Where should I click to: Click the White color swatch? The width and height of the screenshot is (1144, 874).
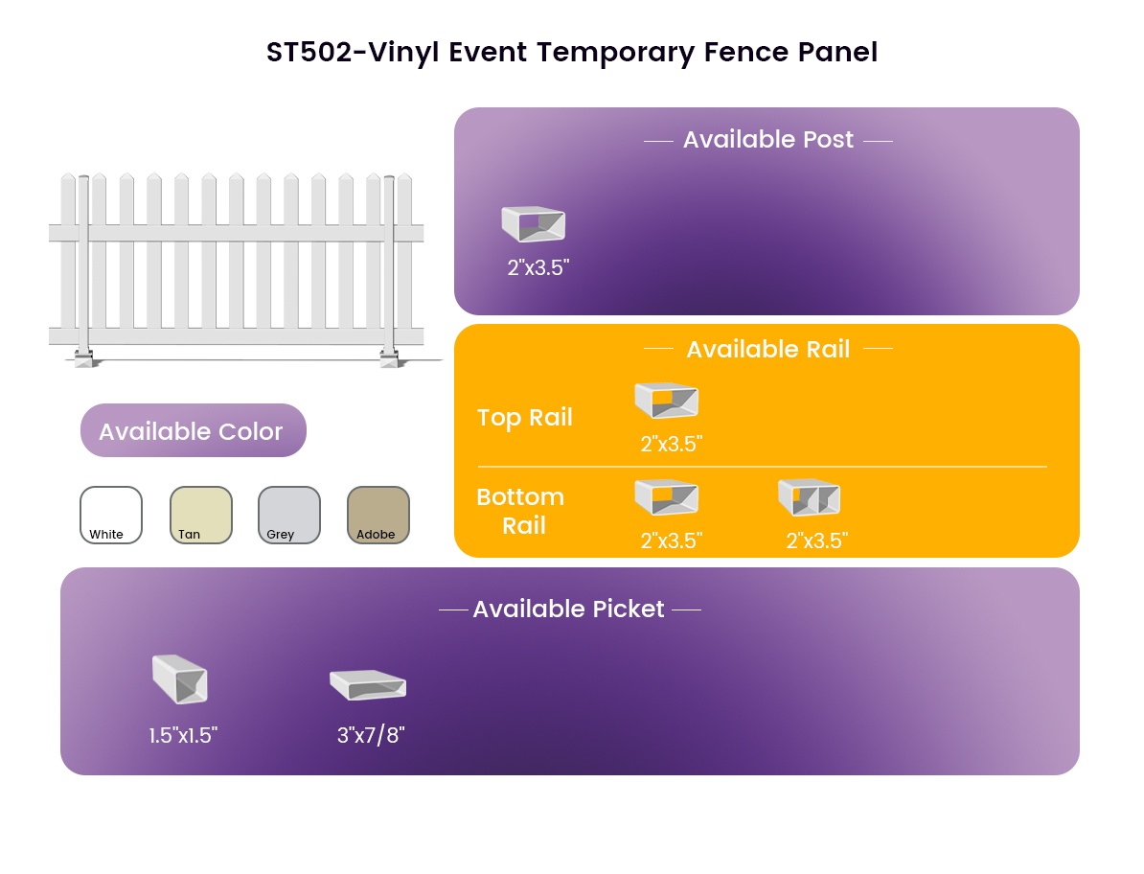(111, 515)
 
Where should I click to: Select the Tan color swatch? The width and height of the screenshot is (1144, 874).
(200, 515)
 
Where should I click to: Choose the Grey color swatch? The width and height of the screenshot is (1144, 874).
(289, 515)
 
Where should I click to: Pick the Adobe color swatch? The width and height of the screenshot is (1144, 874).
(378, 515)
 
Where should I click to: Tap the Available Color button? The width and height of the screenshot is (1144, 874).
(194, 430)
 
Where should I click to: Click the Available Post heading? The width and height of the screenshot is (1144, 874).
(768, 139)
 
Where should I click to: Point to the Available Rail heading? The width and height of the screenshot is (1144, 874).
(768, 349)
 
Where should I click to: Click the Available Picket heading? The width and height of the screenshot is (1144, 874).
(568, 609)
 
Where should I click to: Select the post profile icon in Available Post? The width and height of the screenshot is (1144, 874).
(534, 224)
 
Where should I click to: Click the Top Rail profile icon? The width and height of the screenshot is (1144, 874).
(666, 400)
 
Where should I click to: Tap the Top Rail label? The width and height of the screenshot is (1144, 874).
(525, 417)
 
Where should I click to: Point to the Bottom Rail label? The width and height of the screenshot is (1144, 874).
(521, 511)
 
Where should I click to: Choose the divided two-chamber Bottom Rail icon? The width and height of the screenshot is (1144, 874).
(809, 497)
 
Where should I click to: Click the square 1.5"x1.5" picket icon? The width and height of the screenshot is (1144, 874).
(180, 679)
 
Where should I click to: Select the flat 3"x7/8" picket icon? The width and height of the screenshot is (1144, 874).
(368, 685)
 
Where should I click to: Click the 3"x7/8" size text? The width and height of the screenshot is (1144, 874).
(371, 735)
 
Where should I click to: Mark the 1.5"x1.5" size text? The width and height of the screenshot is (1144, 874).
(183, 735)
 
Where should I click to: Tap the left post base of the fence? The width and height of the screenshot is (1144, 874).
(84, 358)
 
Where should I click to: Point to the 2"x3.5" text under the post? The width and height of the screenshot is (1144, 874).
(538, 267)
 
